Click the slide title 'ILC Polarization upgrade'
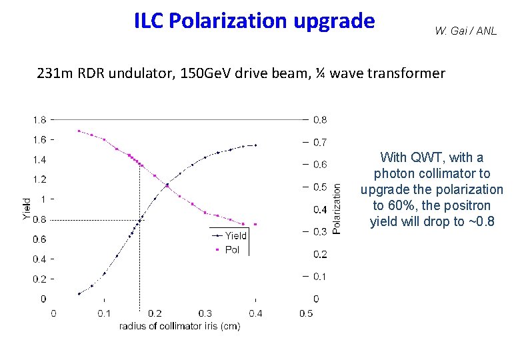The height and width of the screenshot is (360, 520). pyautogui.click(x=254, y=21)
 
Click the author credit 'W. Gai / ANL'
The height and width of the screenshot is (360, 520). pyautogui.click(x=465, y=31)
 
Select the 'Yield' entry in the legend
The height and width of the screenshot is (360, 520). pyautogui.click(x=235, y=235)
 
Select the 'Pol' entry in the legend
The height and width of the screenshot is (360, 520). pyautogui.click(x=232, y=249)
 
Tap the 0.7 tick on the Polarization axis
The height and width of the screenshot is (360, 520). pyautogui.click(x=319, y=142)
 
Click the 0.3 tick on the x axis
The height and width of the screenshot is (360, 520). pyautogui.click(x=205, y=313)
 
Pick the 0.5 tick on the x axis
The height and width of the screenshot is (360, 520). pyautogui.click(x=306, y=313)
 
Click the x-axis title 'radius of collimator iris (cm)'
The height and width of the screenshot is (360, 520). pyautogui.click(x=179, y=326)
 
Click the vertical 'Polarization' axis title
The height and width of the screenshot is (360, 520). pyautogui.click(x=337, y=209)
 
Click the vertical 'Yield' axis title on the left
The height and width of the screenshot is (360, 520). pyautogui.click(x=27, y=209)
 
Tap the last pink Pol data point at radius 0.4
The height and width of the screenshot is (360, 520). pyautogui.click(x=255, y=224)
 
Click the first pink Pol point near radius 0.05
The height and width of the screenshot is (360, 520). pyautogui.click(x=79, y=131)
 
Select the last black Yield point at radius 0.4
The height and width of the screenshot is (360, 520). pyautogui.click(x=255, y=145)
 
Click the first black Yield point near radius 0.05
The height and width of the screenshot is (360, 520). pyautogui.click(x=79, y=293)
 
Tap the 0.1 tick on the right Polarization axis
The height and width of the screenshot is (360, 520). pyautogui.click(x=319, y=276)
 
